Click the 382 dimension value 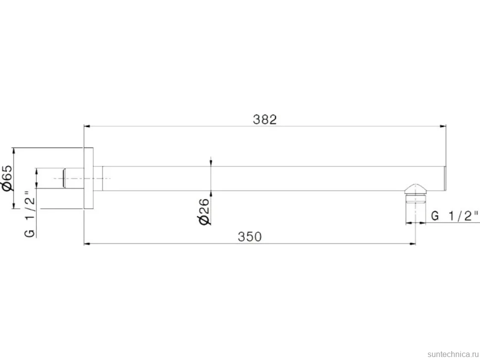[x=265, y=119]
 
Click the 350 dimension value [x=250, y=237]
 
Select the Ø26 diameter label [x=204, y=211]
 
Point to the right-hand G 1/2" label [x=455, y=216]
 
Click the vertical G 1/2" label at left [x=30, y=214]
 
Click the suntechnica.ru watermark [x=453, y=354]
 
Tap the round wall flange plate [x=89, y=179]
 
